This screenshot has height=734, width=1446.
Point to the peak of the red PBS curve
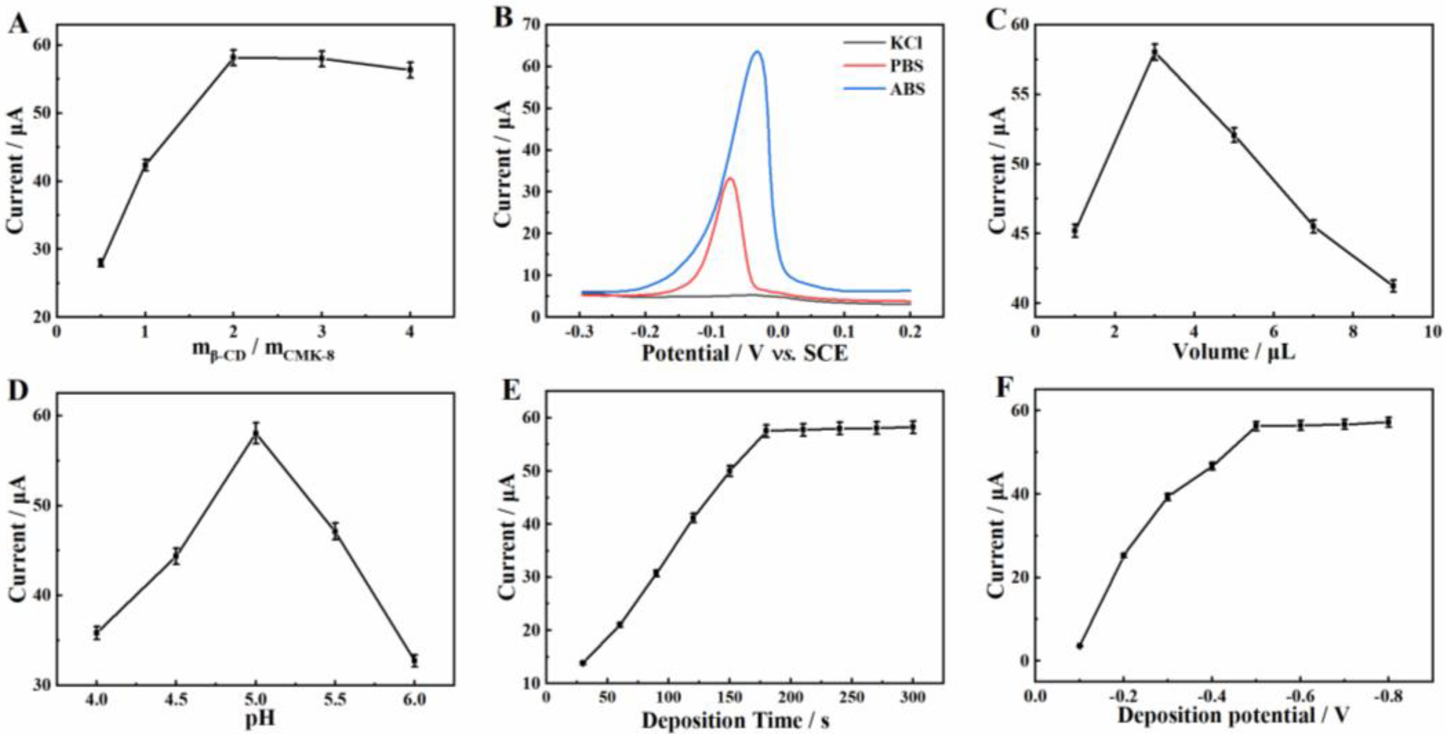(730, 179)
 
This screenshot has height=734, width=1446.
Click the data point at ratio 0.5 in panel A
(101, 263)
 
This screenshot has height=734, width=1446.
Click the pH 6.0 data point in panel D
(414, 661)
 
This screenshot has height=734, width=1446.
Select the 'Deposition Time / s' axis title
(735, 719)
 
